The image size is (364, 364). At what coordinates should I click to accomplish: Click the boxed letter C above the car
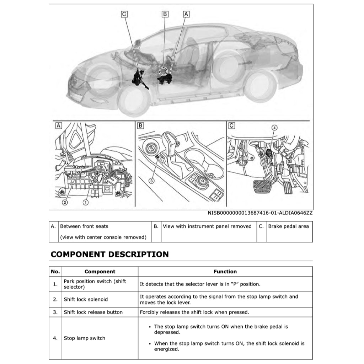coord(124,14)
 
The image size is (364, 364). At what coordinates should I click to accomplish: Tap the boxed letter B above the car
coord(165,14)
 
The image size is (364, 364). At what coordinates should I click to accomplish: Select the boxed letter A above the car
coord(186,14)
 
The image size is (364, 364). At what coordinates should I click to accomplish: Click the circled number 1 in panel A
coord(86,202)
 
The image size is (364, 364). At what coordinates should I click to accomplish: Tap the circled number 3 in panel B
coord(151,181)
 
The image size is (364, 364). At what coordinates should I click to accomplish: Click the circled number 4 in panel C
coord(274,127)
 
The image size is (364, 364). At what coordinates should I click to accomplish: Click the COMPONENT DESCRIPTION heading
coord(109,255)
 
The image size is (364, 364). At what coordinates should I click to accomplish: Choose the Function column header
coord(225,272)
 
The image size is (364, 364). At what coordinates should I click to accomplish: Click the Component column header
coord(100,272)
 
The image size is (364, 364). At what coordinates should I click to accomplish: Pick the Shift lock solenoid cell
coord(86,299)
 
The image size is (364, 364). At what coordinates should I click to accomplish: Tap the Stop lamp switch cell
coord(85,338)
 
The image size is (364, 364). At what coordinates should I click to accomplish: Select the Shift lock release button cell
coord(93,312)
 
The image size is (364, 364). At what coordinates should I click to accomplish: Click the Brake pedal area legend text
coord(288,226)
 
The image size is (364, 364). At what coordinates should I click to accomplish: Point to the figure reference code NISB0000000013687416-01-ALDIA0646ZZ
coord(260,213)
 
